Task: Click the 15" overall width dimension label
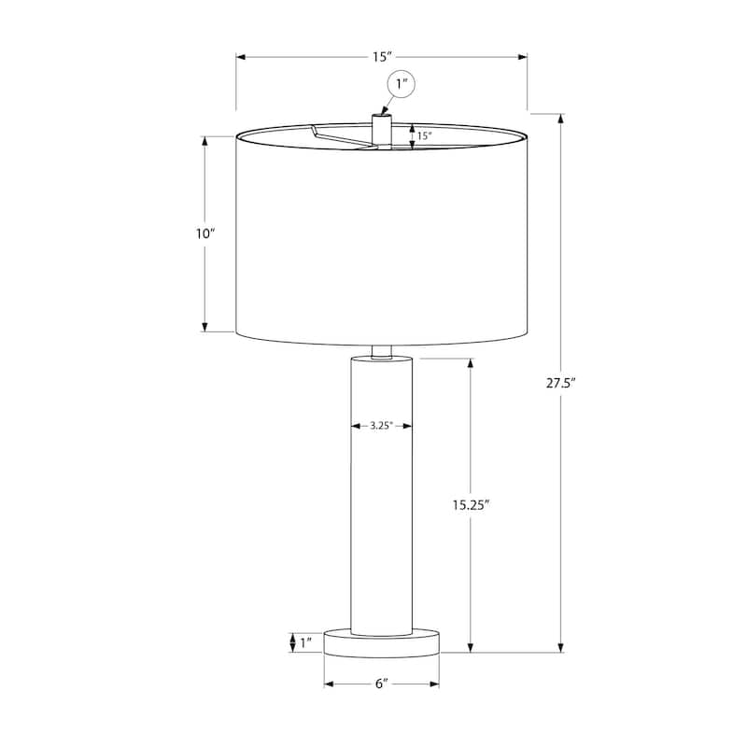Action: coord(381,57)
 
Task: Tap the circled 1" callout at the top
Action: coord(402,86)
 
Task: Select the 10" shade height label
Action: coord(205,234)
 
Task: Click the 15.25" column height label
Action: coord(471,504)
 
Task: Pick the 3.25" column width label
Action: coord(380,426)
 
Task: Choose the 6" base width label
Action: coord(381,684)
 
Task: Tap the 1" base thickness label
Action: coord(305,641)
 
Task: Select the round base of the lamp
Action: coord(381,642)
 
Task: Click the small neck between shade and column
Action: coord(381,351)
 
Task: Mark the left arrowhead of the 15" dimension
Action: coord(240,57)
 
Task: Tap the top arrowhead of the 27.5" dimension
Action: coord(561,119)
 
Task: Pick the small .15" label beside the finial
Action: coord(424,135)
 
